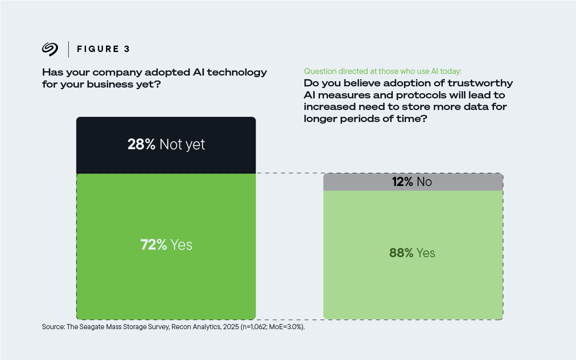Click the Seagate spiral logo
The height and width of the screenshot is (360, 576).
(50, 49)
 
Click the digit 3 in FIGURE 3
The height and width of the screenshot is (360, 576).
(127, 49)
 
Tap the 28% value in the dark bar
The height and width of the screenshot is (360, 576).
(141, 144)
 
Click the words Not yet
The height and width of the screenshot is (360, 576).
(182, 144)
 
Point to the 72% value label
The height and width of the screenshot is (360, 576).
(154, 245)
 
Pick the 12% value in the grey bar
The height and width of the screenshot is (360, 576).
(402, 182)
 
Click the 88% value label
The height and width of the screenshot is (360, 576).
(401, 253)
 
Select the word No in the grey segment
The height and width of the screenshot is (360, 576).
(424, 182)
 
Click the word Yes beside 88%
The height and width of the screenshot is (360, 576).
(426, 253)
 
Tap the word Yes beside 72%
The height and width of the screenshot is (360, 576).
(181, 245)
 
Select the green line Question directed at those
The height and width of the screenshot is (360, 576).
(382, 71)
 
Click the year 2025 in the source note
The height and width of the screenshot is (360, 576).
(231, 327)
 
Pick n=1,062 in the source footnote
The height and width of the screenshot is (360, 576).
(254, 327)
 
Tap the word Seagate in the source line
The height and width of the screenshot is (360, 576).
(92, 327)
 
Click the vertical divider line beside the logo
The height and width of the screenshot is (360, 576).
(68, 49)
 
